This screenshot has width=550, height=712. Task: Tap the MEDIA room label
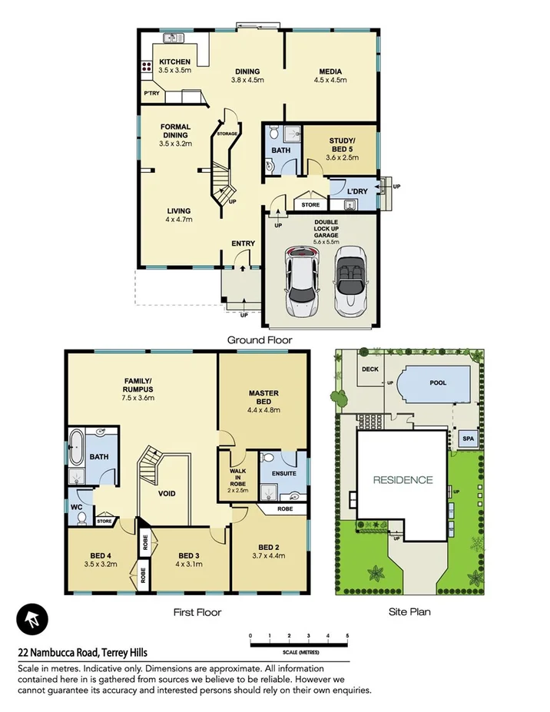click(x=330, y=72)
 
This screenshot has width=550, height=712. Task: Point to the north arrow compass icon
click(x=32, y=618)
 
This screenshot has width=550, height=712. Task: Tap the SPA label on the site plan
click(x=467, y=439)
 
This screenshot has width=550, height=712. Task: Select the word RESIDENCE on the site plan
click(x=403, y=480)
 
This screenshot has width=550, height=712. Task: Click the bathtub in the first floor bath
click(x=75, y=448)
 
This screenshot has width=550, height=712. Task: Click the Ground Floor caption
click(x=259, y=339)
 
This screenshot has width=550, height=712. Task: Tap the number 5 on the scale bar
click(x=347, y=636)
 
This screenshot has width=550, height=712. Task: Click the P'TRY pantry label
click(x=151, y=94)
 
